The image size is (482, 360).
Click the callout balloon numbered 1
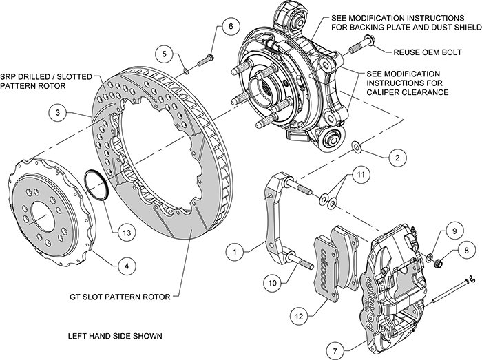[x=235, y=253]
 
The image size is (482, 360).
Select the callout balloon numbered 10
[x=272, y=281]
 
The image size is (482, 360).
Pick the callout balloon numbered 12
[x=298, y=316]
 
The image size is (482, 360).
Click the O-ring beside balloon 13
[x=96, y=184]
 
